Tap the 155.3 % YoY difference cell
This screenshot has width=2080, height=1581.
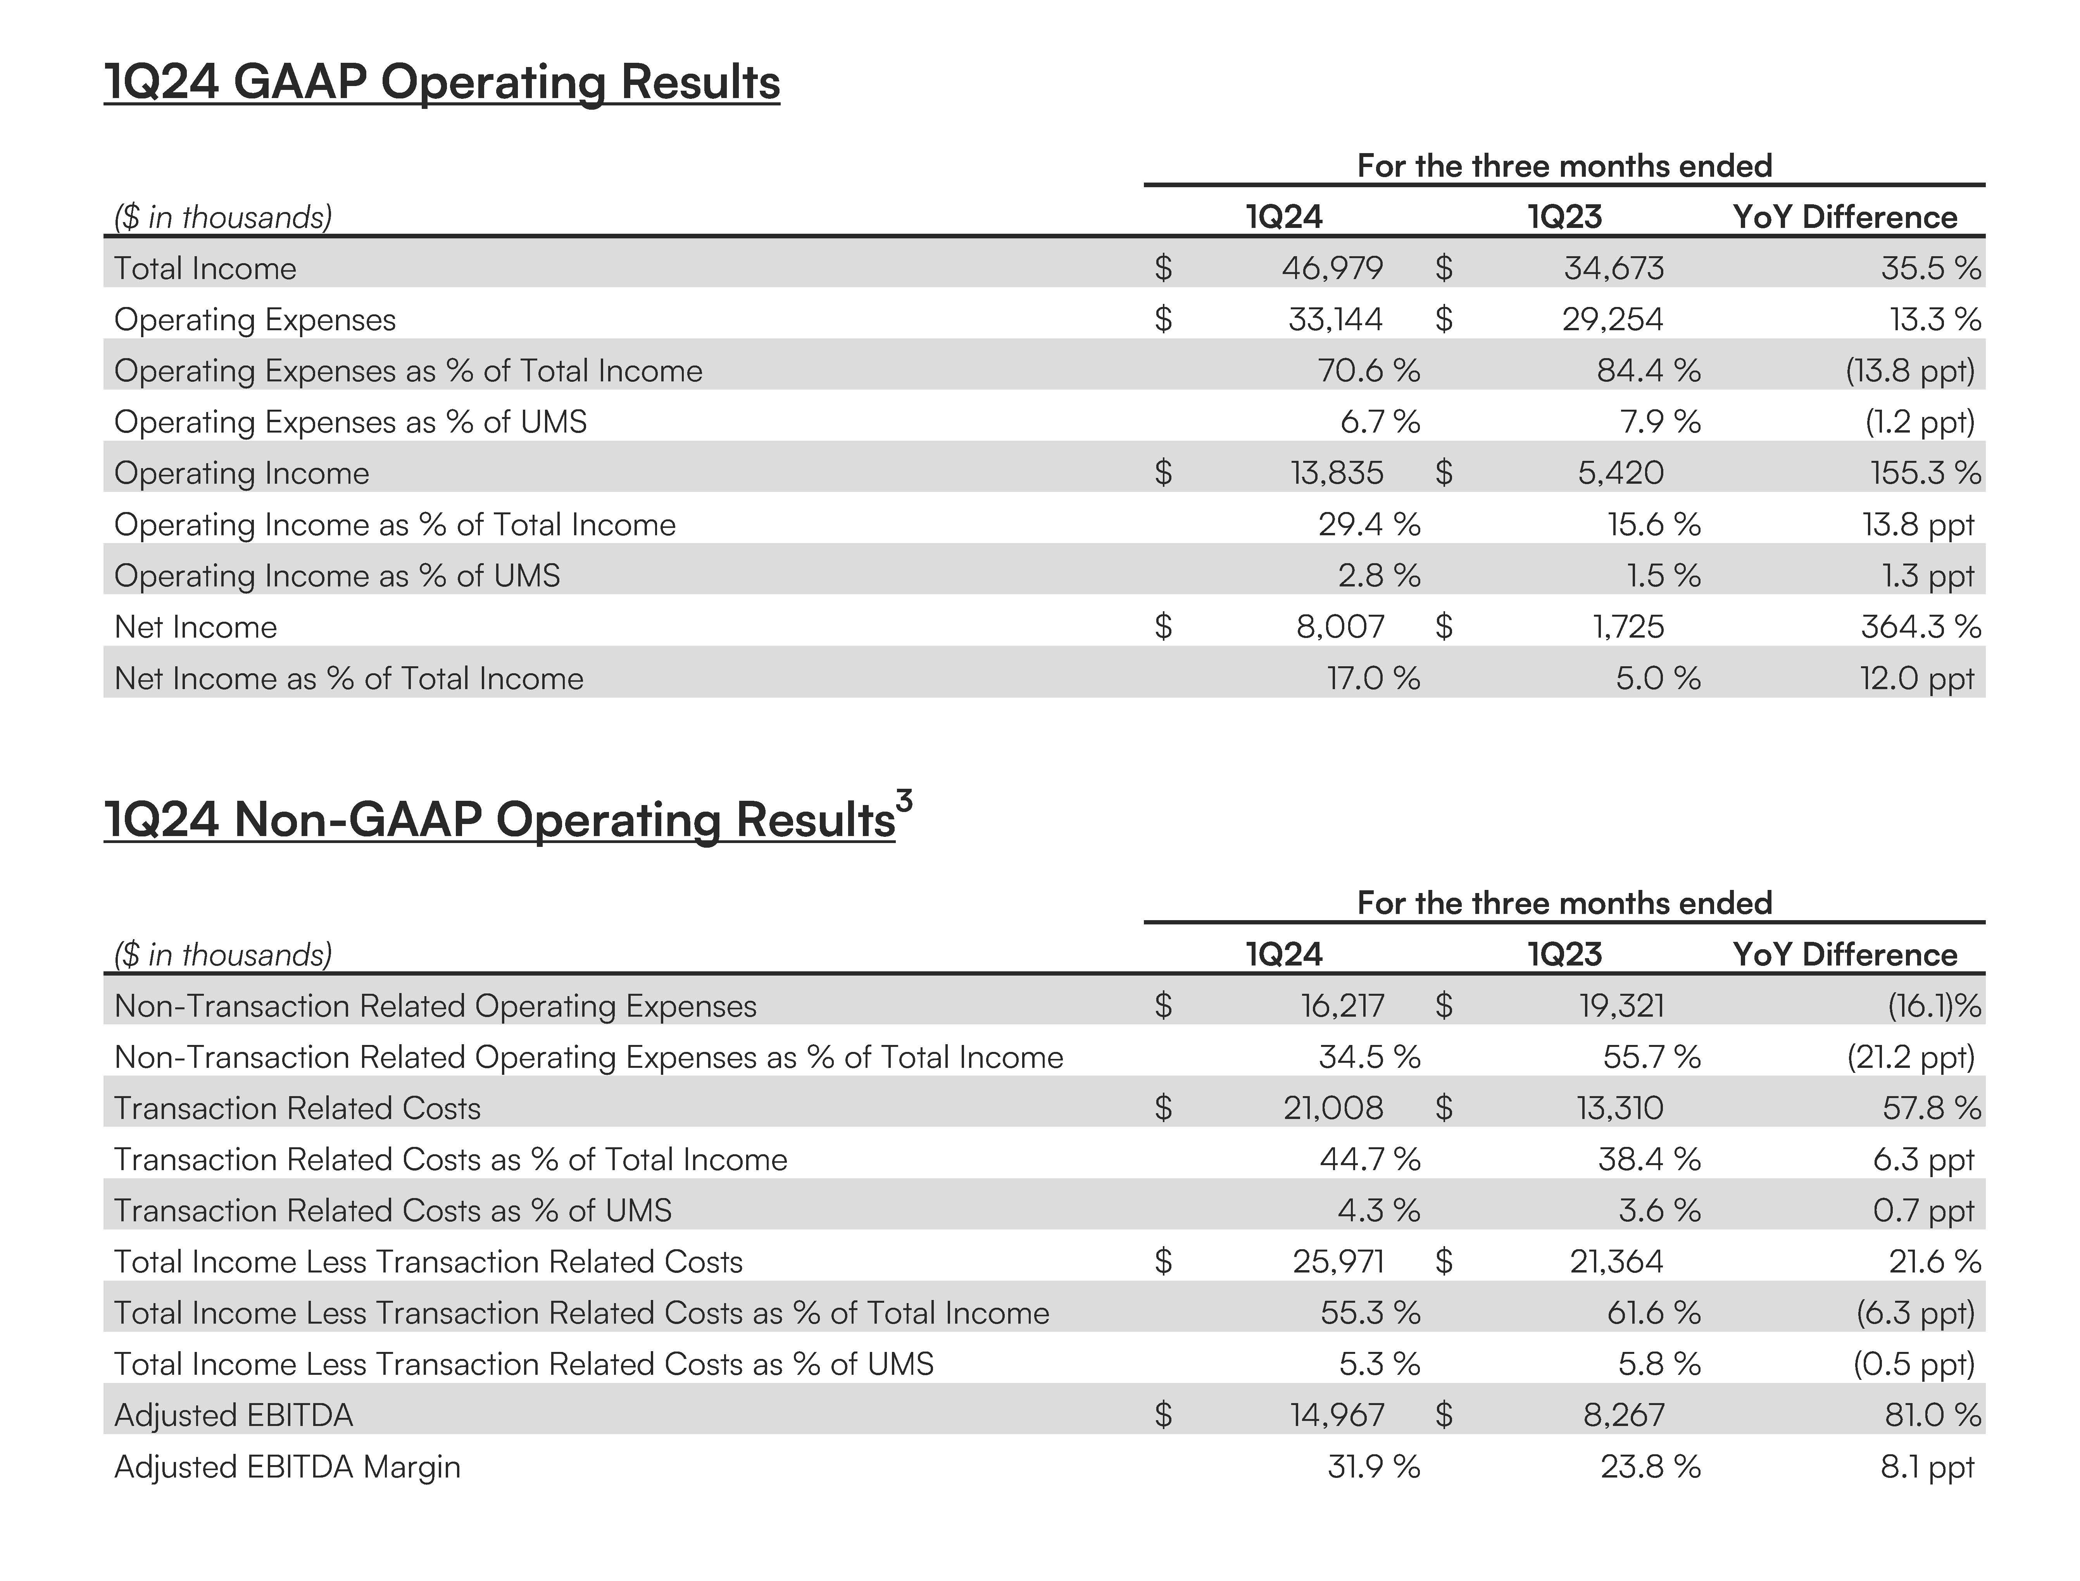(x=1925, y=472)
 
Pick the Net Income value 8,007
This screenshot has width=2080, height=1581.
(x=1340, y=627)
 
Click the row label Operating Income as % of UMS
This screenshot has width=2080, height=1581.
(x=337, y=575)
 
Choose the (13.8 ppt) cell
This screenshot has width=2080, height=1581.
(x=1910, y=371)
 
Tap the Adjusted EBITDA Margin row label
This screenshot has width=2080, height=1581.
(x=287, y=1466)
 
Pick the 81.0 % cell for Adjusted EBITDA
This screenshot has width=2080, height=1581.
(x=1932, y=1414)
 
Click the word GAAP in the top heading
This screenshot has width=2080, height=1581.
(x=299, y=82)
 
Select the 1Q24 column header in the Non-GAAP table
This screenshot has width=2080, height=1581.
(x=1284, y=954)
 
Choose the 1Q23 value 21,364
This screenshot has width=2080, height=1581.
(x=1616, y=1261)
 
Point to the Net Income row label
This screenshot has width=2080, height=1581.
(x=196, y=627)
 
